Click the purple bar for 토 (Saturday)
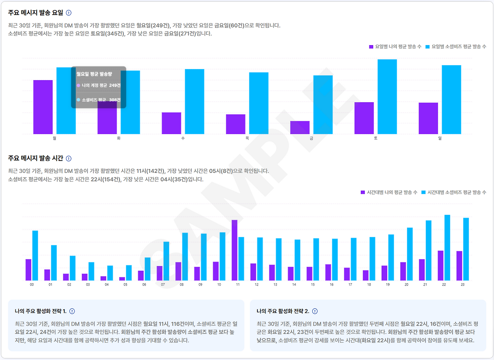click(x=364, y=118)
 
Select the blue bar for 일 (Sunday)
click(x=451, y=100)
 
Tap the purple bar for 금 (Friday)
click(x=300, y=127)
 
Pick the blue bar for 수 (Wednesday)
click(x=195, y=101)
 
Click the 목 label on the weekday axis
click(x=247, y=138)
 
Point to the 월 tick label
click(x=54, y=138)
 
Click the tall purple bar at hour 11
click(x=234, y=250)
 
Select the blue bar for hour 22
click(x=447, y=248)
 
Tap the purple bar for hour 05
click(x=122, y=279)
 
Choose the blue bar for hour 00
click(x=35, y=255)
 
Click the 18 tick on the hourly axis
click(x=369, y=284)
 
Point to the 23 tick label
click(x=462, y=284)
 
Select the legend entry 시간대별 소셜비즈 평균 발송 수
click(x=456, y=192)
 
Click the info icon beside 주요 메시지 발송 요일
click(x=69, y=13)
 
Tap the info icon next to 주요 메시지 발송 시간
click(x=69, y=159)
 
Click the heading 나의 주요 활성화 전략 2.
click(x=283, y=311)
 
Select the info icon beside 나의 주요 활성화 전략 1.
click(x=72, y=311)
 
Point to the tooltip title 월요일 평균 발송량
click(x=94, y=74)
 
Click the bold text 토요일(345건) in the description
click(x=108, y=34)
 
